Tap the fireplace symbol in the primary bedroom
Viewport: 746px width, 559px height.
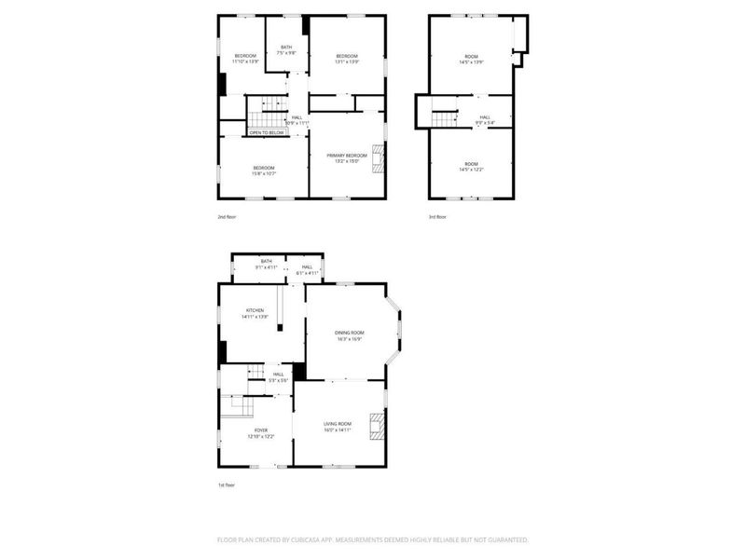[x=379, y=159]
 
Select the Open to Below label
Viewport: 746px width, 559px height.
[x=266, y=133]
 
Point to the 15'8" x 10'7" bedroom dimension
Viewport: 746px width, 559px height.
[x=263, y=174]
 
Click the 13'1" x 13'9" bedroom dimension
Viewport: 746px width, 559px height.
[x=347, y=62]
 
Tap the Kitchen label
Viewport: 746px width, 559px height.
[x=255, y=310]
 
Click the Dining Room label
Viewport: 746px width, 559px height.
[x=350, y=333]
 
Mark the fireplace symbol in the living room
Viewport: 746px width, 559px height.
[x=377, y=426]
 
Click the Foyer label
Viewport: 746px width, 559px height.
[x=260, y=430]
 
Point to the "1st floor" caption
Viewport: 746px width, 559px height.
[x=226, y=485]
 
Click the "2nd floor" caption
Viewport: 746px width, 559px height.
[x=228, y=216]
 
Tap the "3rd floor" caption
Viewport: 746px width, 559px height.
[x=437, y=216]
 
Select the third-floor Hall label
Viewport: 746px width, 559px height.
[x=485, y=116]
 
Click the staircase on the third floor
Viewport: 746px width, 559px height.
[x=445, y=118]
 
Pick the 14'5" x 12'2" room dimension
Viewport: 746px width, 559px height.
[x=471, y=170]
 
